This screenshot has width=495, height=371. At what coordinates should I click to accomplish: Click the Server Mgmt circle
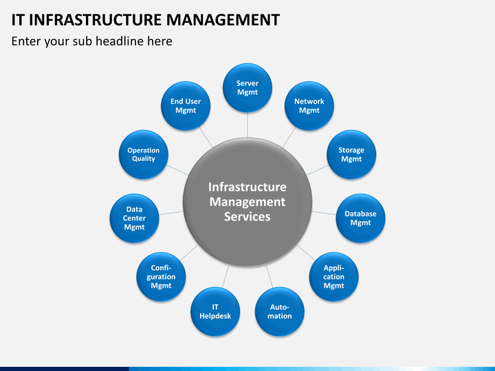tap(247, 88)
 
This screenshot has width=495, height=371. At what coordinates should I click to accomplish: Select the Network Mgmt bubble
tap(309, 106)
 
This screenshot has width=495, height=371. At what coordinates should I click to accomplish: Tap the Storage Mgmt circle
tap(351, 155)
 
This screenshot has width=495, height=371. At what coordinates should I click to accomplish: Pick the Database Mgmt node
tap(360, 218)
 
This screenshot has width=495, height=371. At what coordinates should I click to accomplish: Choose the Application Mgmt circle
tap(333, 277)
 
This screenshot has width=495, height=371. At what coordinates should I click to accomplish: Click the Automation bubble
tap(280, 311)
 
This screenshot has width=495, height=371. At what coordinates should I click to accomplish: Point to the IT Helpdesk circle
tap(215, 311)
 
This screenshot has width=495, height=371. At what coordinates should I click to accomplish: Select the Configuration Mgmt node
tap(161, 277)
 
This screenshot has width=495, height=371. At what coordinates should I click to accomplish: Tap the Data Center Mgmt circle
tap(135, 218)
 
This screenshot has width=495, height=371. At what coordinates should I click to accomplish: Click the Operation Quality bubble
tap(143, 155)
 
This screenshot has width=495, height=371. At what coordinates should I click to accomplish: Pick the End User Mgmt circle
tap(186, 106)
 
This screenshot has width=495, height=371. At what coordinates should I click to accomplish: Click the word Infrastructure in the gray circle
tap(247, 187)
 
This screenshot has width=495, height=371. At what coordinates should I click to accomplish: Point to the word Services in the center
tap(247, 216)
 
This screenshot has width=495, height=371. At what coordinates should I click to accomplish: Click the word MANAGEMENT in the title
tap(223, 19)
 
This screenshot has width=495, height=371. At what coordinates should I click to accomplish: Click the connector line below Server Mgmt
tap(247, 125)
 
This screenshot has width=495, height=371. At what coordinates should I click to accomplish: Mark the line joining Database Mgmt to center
tap(324, 213)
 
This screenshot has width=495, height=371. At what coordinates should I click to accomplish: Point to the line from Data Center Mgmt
tap(171, 213)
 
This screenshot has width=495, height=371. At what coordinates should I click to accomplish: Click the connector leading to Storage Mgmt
tap(317, 170)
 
